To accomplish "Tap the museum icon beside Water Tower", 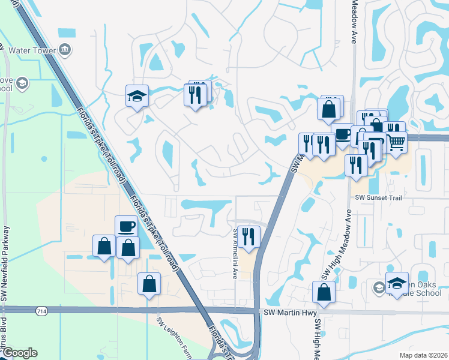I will pyautogui.click(x=65, y=49).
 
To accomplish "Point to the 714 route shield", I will pyautogui.click(x=41, y=311).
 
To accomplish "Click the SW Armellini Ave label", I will pyautogui.click(x=235, y=253).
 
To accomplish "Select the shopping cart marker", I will pyautogui.click(x=396, y=142).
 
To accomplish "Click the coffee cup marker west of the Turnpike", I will pyautogui.click(x=126, y=226).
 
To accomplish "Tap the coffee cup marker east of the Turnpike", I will pyautogui.click(x=342, y=133).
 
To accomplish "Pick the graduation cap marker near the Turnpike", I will pyautogui.click(x=137, y=95).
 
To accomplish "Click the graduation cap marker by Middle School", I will pyautogui.click(x=397, y=283).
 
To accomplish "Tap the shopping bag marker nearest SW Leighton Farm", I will pyautogui.click(x=149, y=283).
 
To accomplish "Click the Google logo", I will pyautogui.click(x=20, y=353).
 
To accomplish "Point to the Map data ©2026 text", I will pyautogui.click(x=423, y=355).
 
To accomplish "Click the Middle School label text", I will pyautogui.click(x=421, y=296).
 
